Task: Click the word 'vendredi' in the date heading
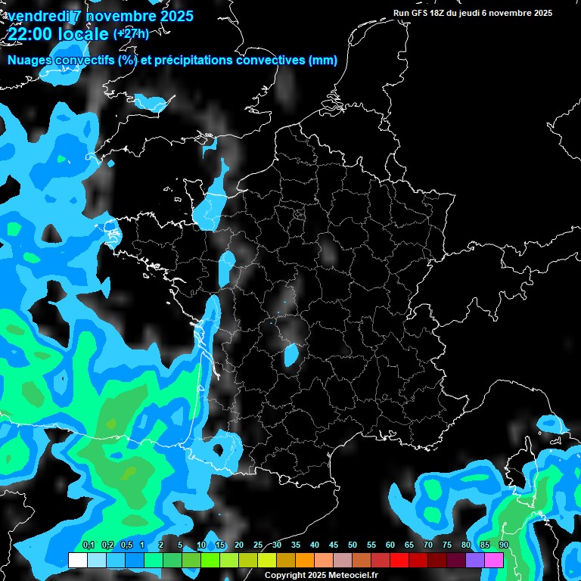[x=39, y=16]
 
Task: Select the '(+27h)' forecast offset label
[x=131, y=33]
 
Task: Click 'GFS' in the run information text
[x=420, y=13]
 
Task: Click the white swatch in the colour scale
[x=77, y=561]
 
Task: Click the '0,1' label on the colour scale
[x=89, y=545]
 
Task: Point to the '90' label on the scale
[x=504, y=545]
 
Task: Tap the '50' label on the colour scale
[x=353, y=545]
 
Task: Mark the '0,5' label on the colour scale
[x=126, y=545]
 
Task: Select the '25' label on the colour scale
[x=258, y=545]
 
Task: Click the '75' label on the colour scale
[x=447, y=545]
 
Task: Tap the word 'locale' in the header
[x=79, y=34]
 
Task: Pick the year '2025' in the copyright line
[x=315, y=576]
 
